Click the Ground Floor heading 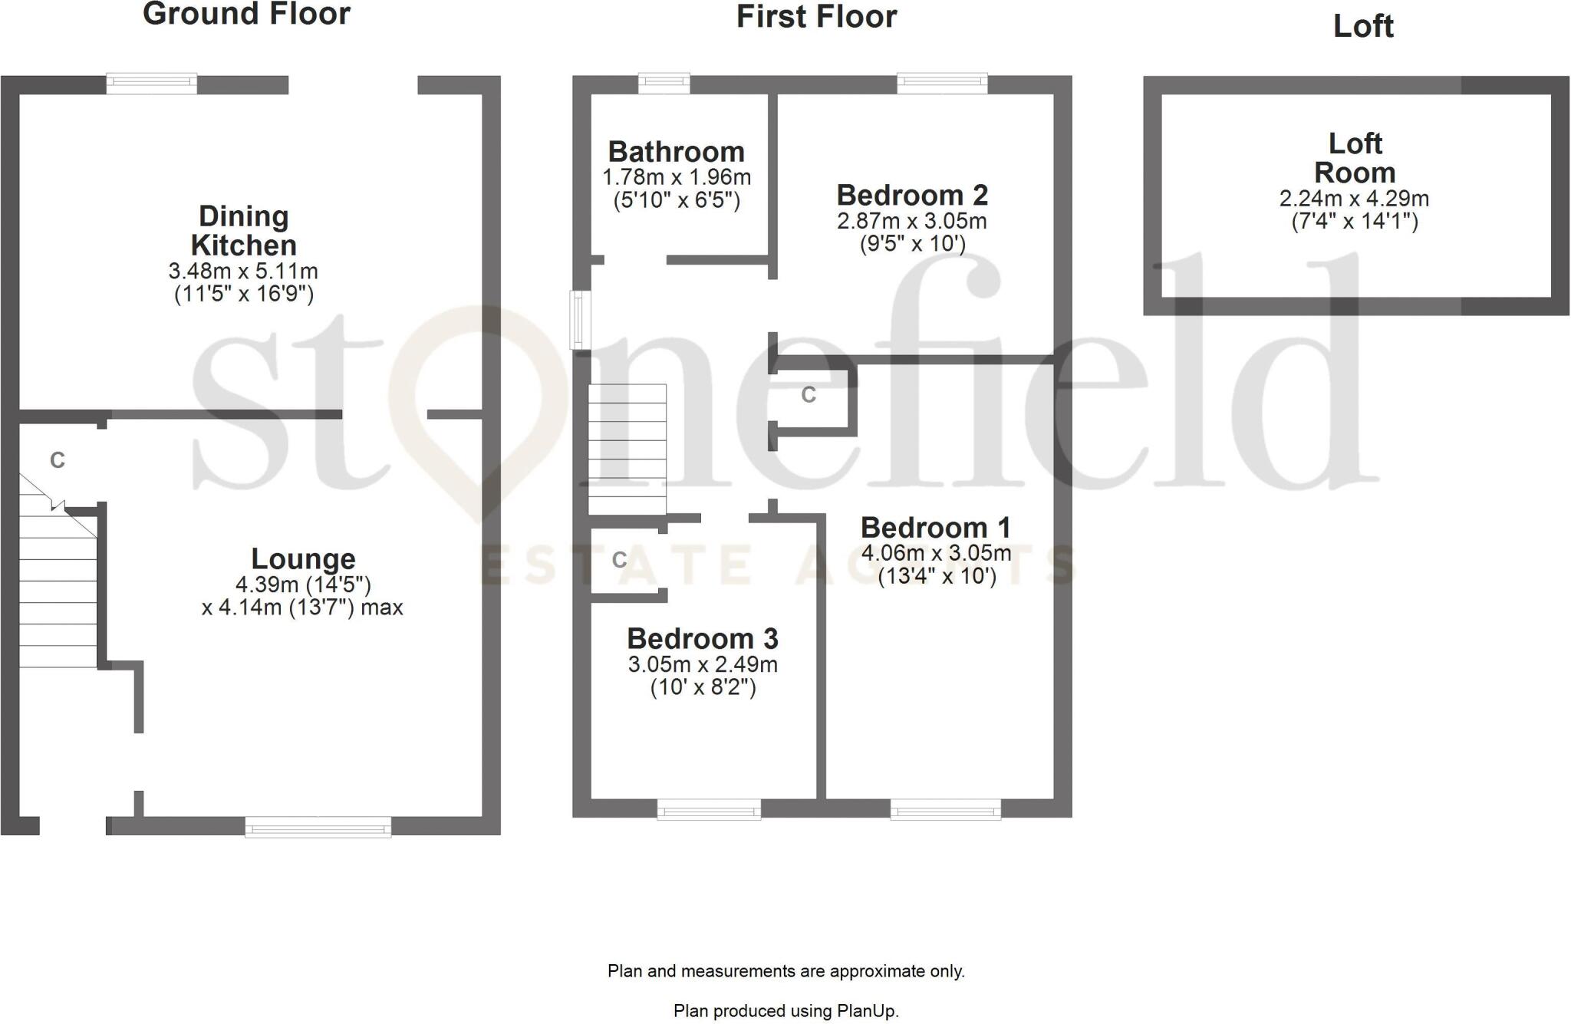point(246,15)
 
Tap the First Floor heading point(816,17)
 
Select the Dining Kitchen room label point(243,231)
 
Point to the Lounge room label point(303,558)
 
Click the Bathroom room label point(676,152)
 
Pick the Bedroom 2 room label point(911,196)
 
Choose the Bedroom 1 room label point(935,528)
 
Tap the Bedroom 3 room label point(702,638)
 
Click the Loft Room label point(1355,158)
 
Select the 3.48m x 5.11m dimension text point(243,272)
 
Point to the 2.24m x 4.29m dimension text point(1354,199)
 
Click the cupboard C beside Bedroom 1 point(809,395)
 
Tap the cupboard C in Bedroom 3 point(620,560)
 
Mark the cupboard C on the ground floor point(58,460)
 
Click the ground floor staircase point(58,591)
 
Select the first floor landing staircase point(627,449)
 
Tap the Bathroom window point(664,83)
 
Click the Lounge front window point(318,826)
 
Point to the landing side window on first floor point(581,319)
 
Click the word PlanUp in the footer point(866,1011)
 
